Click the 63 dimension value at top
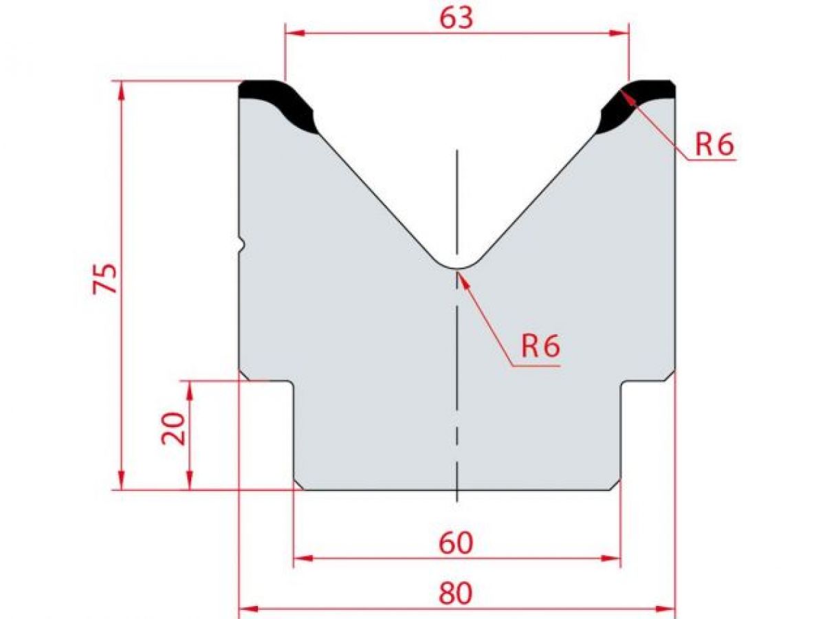click(456, 18)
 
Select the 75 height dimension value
click(106, 278)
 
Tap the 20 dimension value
click(173, 429)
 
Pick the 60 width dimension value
click(456, 543)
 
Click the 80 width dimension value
click(456, 593)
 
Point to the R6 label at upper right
click(714, 144)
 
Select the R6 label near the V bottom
click(540, 347)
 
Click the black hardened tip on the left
click(282, 103)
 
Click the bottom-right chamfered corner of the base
click(616, 486)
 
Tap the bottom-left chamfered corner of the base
click(299, 486)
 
